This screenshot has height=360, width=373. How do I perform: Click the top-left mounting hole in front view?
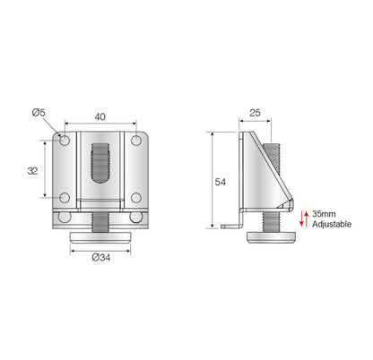click(65, 140)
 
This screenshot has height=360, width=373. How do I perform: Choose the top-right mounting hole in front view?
click(135, 140)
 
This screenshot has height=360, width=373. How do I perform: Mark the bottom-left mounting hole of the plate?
click(65, 198)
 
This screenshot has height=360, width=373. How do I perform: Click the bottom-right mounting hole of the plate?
click(135, 198)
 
